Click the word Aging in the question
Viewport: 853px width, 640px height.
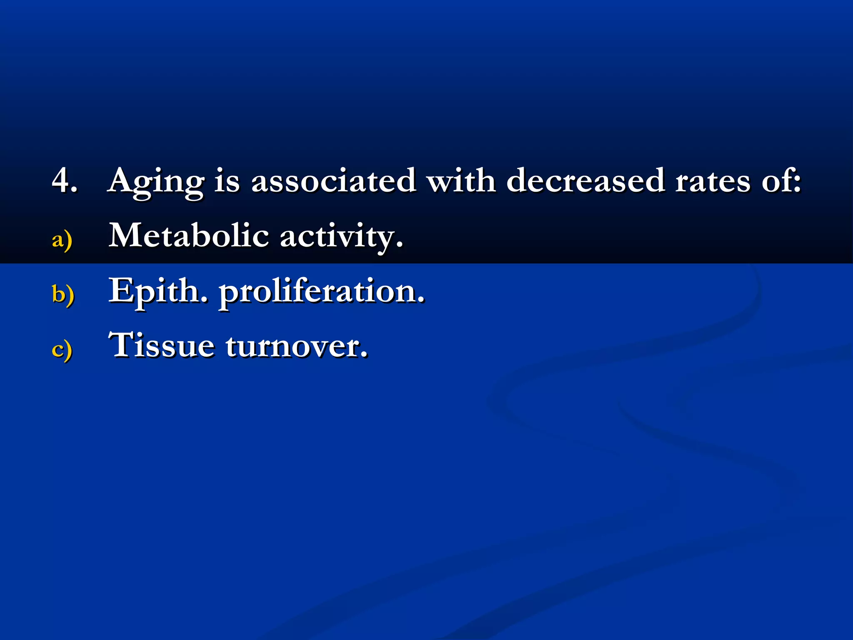tap(156, 182)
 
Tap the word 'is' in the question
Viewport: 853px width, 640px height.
tap(227, 181)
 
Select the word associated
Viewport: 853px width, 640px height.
tap(333, 181)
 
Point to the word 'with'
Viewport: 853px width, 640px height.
tap(461, 181)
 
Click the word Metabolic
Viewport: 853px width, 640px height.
tap(189, 235)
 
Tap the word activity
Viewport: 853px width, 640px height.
tap(341, 237)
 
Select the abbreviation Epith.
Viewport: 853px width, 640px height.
tap(158, 292)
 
